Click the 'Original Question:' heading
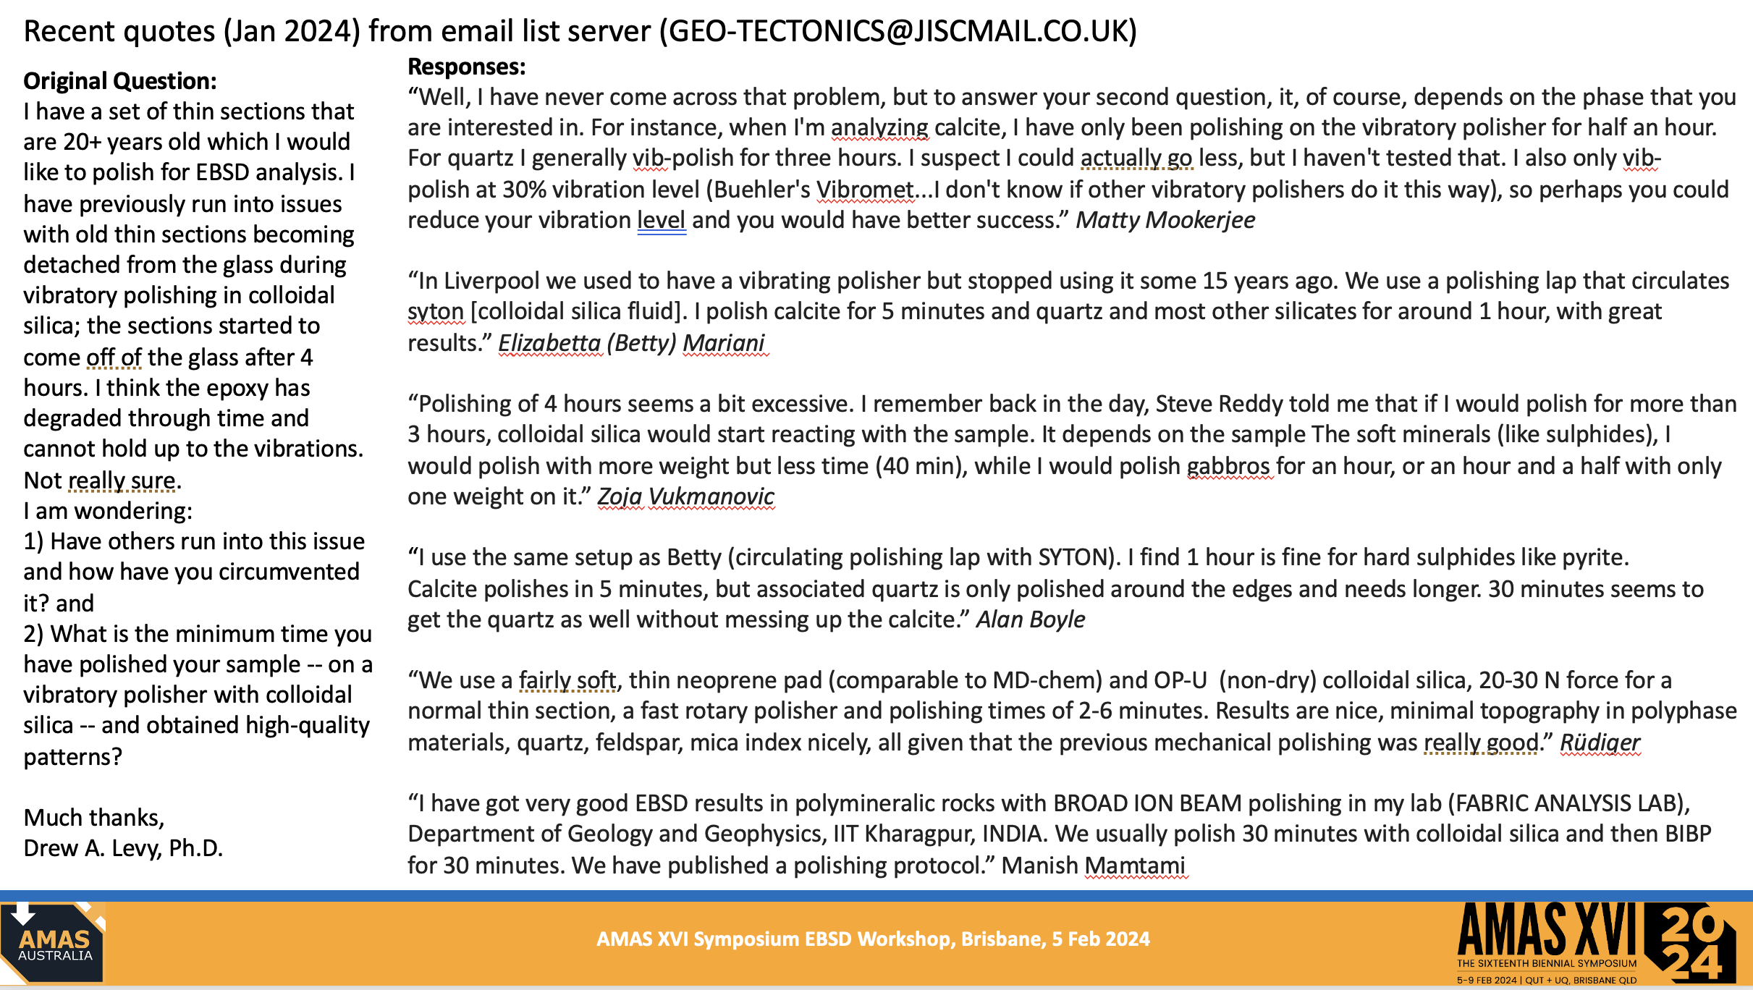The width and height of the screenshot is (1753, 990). pos(120,81)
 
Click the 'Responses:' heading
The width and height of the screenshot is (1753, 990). pos(467,67)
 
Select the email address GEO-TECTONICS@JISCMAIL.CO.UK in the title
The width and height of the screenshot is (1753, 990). pos(897,31)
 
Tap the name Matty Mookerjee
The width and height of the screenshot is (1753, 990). pos(1165,220)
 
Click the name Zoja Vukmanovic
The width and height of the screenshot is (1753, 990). pos(685,496)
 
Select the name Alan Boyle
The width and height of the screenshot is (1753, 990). pos(1031,619)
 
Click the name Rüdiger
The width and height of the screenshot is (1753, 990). pos(1600,742)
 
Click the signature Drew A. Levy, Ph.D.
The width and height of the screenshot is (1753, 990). pos(123,848)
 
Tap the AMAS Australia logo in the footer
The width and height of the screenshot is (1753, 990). pos(54,942)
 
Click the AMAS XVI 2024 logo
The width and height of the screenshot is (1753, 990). pos(1595,942)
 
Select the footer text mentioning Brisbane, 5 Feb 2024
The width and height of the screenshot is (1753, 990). pos(873,939)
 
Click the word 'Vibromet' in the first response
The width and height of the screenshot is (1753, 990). pos(865,190)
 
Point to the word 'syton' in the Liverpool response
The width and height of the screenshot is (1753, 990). pos(435,312)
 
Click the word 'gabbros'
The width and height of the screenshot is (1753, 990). pos(1230,466)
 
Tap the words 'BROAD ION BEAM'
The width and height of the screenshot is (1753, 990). pos(1147,803)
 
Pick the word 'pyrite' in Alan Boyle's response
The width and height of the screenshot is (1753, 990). pos(1595,558)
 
